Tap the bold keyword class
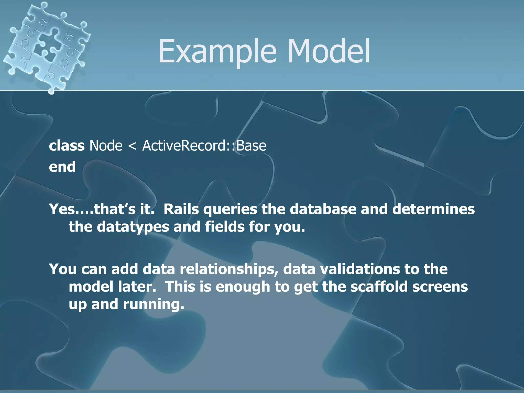pyautogui.click(x=67, y=146)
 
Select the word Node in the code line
pyautogui.click(x=106, y=146)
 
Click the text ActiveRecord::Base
pyautogui.click(x=204, y=146)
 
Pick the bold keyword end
pyautogui.click(x=62, y=167)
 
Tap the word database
pyautogui.click(x=323, y=209)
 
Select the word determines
pyautogui.click(x=433, y=209)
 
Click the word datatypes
pyautogui.click(x=133, y=227)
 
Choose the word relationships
pyautogui.click(x=229, y=269)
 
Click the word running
pyautogui.click(x=154, y=304)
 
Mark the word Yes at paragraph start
pyautogui.click(x=62, y=209)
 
